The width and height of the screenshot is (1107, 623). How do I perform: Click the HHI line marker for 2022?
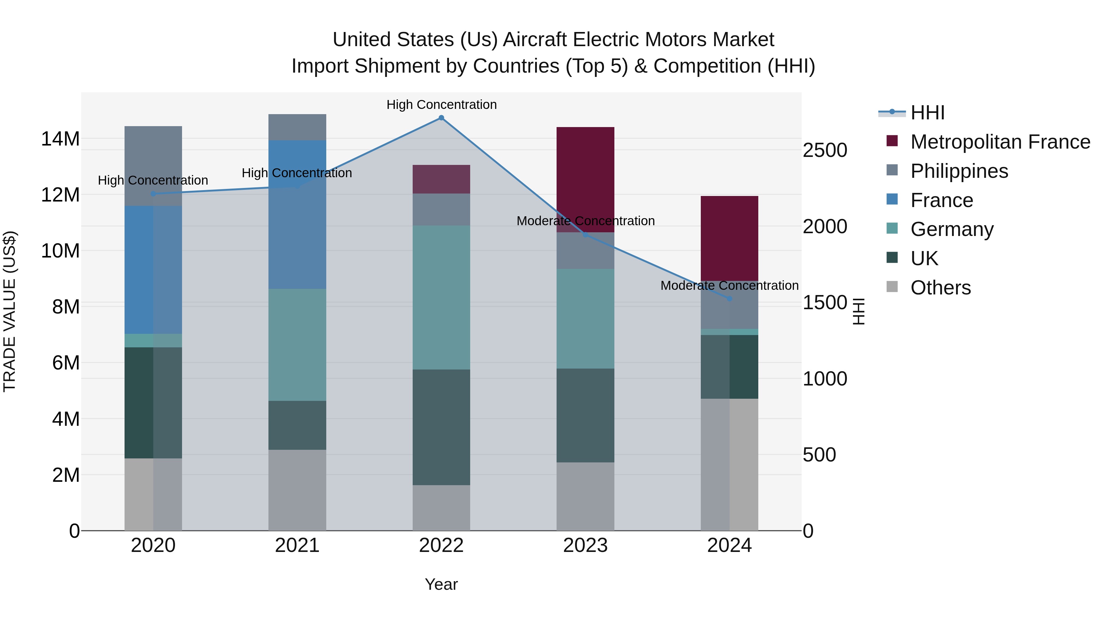pyautogui.click(x=441, y=118)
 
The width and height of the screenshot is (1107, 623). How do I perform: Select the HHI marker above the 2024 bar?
pyautogui.click(x=729, y=298)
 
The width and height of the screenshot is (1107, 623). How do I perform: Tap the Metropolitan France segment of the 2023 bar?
pyautogui.click(x=585, y=180)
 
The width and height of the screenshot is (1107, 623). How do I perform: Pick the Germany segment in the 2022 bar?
pyautogui.click(x=441, y=298)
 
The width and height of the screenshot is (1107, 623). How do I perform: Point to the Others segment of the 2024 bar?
pyautogui.click(x=729, y=464)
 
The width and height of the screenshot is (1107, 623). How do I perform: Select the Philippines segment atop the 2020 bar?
pyautogui.click(x=153, y=166)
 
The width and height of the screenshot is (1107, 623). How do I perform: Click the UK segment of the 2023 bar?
pyautogui.click(x=585, y=415)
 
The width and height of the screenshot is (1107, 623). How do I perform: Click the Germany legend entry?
pyautogui.click(x=951, y=229)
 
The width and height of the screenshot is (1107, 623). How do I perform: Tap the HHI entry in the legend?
pyautogui.click(x=927, y=113)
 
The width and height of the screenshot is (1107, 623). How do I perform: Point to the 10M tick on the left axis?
pyautogui.click(x=61, y=251)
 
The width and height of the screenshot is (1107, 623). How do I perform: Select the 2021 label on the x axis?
pyautogui.click(x=297, y=545)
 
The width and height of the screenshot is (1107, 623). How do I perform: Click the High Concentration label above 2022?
pyautogui.click(x=441, y=105)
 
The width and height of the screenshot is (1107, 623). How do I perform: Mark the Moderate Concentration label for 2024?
pyautogui.click(x=729, y=286)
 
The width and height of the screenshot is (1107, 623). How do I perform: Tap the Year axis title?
pyautogui.click(x=441, y=584)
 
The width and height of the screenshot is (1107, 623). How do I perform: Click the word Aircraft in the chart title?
pyautogui.click(x=535, y=40)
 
